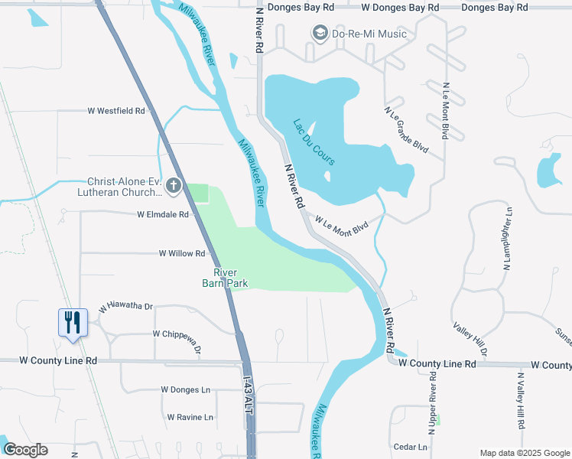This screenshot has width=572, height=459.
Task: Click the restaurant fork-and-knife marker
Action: [73, 322]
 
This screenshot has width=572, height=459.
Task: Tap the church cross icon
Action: [174, 185]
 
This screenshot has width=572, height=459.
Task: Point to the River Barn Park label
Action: [225, 278]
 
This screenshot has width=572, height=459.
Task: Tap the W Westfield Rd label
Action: [116, 111]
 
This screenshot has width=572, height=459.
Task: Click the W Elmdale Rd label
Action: [163, 215]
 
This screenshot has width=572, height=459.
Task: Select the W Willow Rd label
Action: [182, 253]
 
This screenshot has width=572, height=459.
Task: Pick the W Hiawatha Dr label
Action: [126, 308]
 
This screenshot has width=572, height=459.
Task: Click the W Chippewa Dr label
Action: [177, 337]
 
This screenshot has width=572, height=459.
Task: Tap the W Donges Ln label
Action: [185, 389]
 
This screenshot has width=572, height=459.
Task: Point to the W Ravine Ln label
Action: [187, 417]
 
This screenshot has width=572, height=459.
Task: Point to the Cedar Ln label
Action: [411, 447]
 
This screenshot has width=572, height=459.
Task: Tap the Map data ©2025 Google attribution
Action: [525, 453]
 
